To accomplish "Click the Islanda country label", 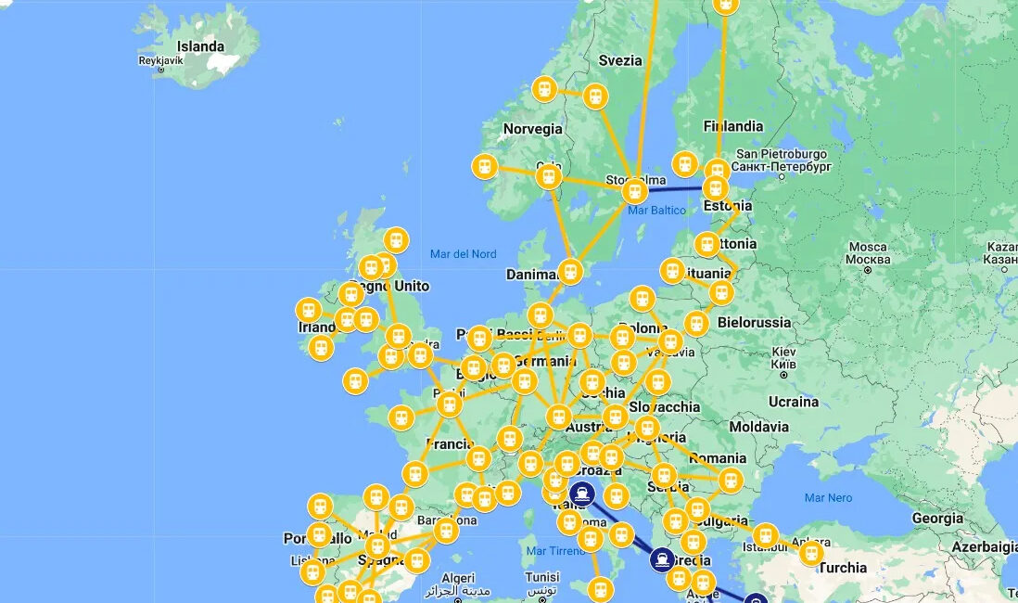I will [x=200, y=46].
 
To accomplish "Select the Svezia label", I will [x=619, y=60].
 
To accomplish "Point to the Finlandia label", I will [x=732, y=126].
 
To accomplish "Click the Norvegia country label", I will [x=532, y=129].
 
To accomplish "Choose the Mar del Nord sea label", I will [x=463, y=254].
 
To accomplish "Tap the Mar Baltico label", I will [x=656, y=211].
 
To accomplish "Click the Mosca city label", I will [x=868, y=248].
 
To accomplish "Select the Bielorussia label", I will [x=753, y=323].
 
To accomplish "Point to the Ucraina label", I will [x=794, y=402].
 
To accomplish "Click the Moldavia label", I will [x=758, y=427].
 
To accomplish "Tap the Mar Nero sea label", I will [x=828, y=498].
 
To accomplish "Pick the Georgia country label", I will [x=937, y=519].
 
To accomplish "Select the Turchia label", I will [x=843, y=568].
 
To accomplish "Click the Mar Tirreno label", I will [x=555, y=551].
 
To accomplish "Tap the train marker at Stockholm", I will [x=634, y=192].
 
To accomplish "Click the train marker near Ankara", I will [x=811, y=554].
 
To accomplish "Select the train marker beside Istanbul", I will [x=765, y=535].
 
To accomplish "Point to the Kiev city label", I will [x=783, y=353].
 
